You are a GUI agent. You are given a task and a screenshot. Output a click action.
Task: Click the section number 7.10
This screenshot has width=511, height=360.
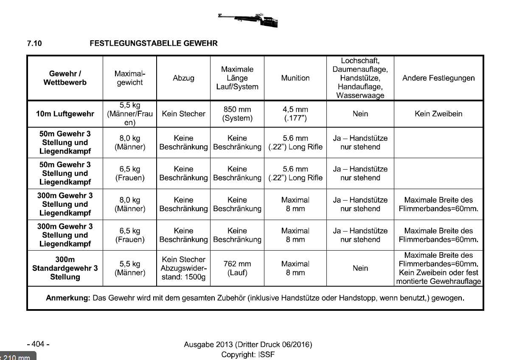[x=35, y=43]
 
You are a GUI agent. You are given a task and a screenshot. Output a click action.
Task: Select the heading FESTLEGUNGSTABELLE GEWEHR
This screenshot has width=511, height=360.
[x=154, y=43]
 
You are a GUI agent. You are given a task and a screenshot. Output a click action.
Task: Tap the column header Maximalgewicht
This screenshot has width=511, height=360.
[x=130, y=78]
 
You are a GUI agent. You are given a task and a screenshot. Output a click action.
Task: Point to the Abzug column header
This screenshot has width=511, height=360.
[x=183, y=78]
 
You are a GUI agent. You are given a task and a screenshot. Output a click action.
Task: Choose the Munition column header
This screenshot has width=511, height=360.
[x=295, y=78]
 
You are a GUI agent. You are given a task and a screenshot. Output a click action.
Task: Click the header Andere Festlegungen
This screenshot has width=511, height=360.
[x=438, y=78]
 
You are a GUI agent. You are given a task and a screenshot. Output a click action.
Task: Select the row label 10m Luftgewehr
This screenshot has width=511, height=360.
[x=65, y=114]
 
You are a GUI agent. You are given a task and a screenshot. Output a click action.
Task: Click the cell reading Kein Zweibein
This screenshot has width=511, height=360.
[x=438, y=114]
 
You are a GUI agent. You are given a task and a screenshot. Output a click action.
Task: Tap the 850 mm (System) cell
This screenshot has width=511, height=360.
[x=237, y=114]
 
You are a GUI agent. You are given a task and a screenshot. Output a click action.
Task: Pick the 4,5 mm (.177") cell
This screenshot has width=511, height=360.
[x=295, y=114]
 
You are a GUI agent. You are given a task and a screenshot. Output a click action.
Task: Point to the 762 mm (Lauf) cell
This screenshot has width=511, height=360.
[x=237, y=268]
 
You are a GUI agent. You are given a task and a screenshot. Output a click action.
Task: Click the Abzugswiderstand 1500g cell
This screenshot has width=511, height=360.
[x=183, y=268]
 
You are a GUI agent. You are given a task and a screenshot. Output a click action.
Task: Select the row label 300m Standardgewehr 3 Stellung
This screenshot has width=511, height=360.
[x=65, y=268]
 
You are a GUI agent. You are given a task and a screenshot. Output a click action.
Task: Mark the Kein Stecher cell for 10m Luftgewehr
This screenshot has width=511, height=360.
[x=183, y=114]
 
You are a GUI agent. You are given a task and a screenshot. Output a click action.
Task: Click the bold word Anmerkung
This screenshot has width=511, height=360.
[x=68, y=298]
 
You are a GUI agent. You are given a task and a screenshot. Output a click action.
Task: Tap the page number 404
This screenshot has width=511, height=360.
[x=38, y=344]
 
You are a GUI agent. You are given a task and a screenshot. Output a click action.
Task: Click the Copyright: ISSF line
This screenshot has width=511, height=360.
[x=248, y=354]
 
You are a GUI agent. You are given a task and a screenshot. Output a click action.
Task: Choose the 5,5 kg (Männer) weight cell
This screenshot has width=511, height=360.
[x=130, y=268]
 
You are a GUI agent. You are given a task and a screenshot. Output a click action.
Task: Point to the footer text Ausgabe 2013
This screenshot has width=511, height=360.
[x=248, y=344]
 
